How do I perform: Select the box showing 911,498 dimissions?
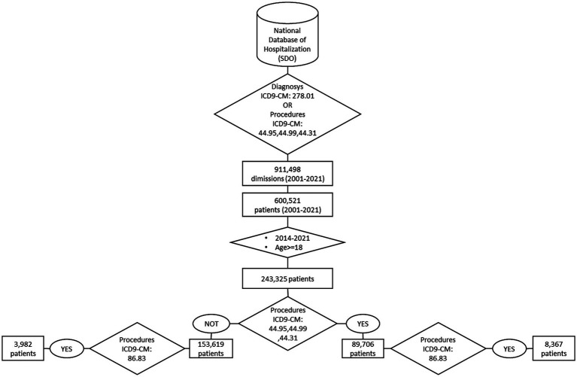point(287,175)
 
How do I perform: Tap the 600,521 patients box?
point(287,205)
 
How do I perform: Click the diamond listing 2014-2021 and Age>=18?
point(287,242)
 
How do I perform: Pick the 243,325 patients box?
point(287,278)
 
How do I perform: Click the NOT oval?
point(211,324)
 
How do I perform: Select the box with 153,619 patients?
point(211,348)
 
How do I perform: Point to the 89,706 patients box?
point(363,348)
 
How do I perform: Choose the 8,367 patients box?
point(554,348)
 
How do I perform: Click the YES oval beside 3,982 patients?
point(67,348)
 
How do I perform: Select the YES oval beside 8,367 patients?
point(509,348)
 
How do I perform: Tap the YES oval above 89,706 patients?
point(363,324)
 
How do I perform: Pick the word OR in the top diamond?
point(287,106)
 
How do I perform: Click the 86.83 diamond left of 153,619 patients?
point(138,348)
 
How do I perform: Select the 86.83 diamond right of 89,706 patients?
point(438,348)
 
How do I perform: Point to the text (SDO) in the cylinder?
point(288,58)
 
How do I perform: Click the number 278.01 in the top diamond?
point(302,97)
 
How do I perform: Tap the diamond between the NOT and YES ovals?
point(287,324)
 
